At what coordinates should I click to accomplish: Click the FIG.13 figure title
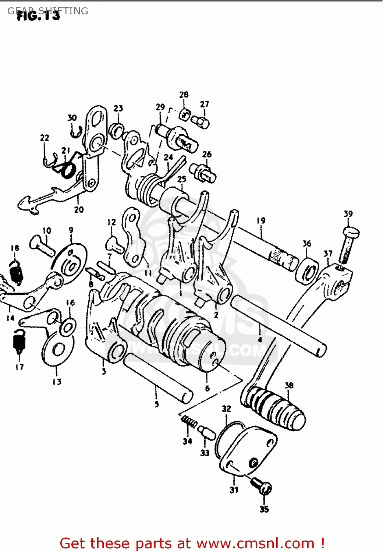[x=38, y=15]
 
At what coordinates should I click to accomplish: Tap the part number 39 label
[x=348, y=214]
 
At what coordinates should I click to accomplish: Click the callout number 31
[x=234, y=490]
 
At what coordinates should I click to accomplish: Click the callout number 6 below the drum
[x=207, y=388]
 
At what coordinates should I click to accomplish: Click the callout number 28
[x=184, y=95]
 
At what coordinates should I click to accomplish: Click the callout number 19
[x=261, y=220]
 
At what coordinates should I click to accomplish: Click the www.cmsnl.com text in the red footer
[x=255, y=543]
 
